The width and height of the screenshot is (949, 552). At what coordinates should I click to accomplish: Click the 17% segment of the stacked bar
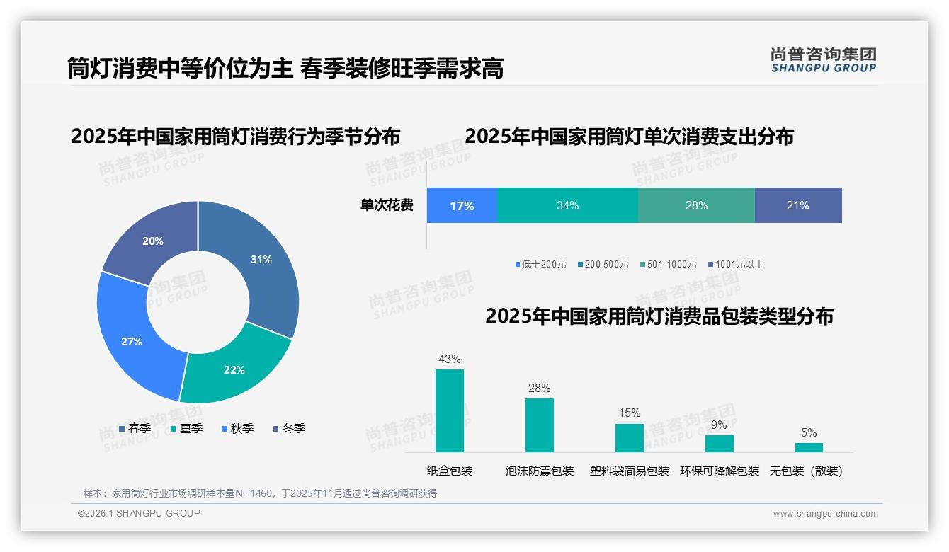click(462, 206)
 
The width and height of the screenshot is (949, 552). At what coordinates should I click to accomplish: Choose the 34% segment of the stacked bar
click(567, 206)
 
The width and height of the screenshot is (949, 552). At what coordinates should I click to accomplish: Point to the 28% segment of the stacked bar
click(696, 206)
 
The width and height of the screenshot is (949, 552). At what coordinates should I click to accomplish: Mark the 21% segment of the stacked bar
click(798, 206)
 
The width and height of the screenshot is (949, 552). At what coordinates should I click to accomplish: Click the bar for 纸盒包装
click(450, 410)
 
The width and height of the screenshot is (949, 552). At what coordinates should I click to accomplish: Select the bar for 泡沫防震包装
click(540, 425)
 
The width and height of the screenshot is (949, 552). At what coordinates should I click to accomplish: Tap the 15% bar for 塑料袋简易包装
click(629, 438)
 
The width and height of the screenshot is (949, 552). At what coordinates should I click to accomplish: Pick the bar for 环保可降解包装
click(719, 444)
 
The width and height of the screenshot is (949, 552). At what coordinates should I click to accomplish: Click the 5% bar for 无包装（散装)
click(809, 448)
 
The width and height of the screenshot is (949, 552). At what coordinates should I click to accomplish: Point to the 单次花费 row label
click(387, 206)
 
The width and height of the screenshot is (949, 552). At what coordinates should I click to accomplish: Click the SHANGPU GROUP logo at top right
click(823, 59)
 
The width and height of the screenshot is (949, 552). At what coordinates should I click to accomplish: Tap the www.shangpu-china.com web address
click(825, 514)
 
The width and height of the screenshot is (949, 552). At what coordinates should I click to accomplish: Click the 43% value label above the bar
click(450, 360)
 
